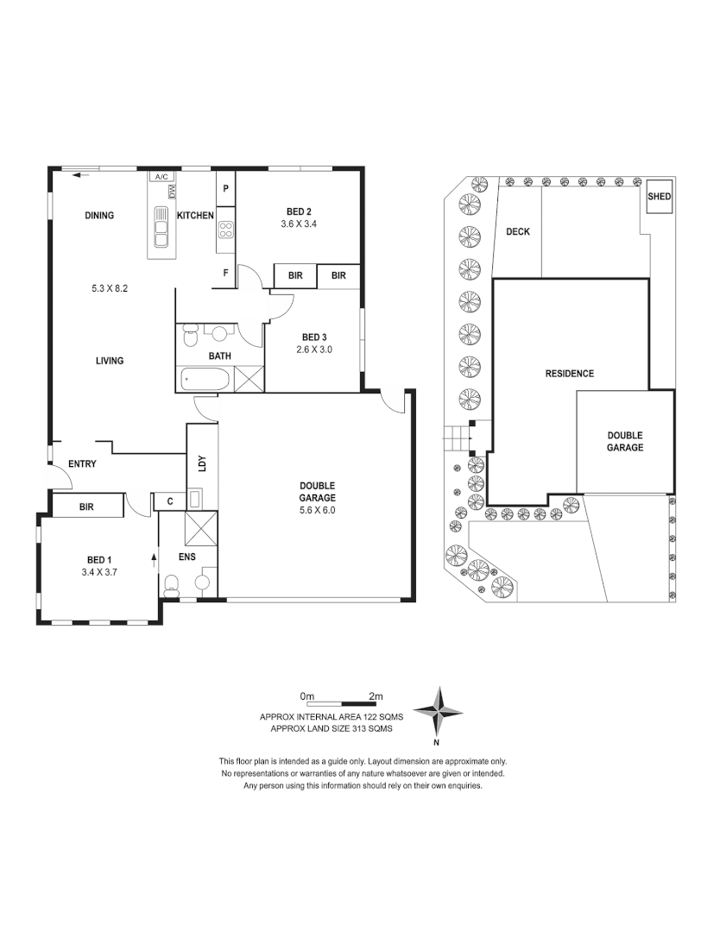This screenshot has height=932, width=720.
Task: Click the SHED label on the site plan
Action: [x=660, y=197]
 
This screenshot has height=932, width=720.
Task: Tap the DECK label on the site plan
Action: [x=517, y=231]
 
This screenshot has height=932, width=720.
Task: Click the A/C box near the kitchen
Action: [x=161, y=176]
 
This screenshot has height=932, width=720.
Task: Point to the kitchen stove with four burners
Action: [x=225, y=230]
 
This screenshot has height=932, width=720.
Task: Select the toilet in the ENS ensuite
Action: [x=171, y=587]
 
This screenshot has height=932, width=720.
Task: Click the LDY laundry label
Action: [x=202, y=463]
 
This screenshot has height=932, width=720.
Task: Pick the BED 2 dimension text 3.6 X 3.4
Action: [x=299, y=224]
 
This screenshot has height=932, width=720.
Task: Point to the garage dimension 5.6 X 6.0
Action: [x=318, y=510]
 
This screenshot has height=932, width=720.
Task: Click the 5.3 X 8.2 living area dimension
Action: [x=110, y=288]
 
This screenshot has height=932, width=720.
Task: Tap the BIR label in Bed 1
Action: [x=86, y=507]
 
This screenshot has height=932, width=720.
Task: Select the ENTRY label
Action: [x=82, y=464]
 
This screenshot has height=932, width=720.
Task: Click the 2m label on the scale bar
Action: [x=375, y=696]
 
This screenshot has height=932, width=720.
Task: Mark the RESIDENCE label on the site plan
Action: [x=569, y=374]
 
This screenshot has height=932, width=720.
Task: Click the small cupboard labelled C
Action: [x=169, y=501]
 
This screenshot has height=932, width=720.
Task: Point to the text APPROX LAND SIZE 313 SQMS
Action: [x=332, y=728]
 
